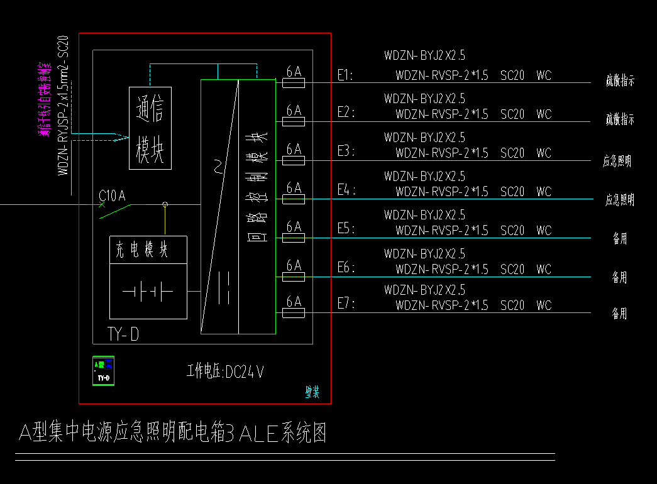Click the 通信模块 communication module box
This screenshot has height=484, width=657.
(150, 128)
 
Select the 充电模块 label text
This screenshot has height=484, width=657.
(142, 250)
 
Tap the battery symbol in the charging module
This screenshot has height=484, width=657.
(148, 292)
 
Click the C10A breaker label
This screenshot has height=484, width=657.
(113, 196)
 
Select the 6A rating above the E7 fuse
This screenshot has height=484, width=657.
(294, 302)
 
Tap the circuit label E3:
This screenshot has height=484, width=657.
(346, 151)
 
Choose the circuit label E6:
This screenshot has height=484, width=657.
(346, 268)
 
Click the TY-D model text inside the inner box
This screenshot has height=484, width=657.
(123, 334)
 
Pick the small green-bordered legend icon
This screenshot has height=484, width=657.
(103, 370)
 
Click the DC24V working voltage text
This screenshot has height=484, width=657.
(225, 372)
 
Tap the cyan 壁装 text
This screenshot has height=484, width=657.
(312, 393)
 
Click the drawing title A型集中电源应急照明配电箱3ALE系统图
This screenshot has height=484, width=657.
(172, 433)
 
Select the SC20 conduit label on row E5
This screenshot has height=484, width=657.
(512, 231)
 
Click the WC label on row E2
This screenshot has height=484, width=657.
(544, 114)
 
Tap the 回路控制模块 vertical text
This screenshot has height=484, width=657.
(257, 187)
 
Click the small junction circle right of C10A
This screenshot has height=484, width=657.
(165, 204)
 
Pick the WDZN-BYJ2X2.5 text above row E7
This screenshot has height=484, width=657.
(425, 290)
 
